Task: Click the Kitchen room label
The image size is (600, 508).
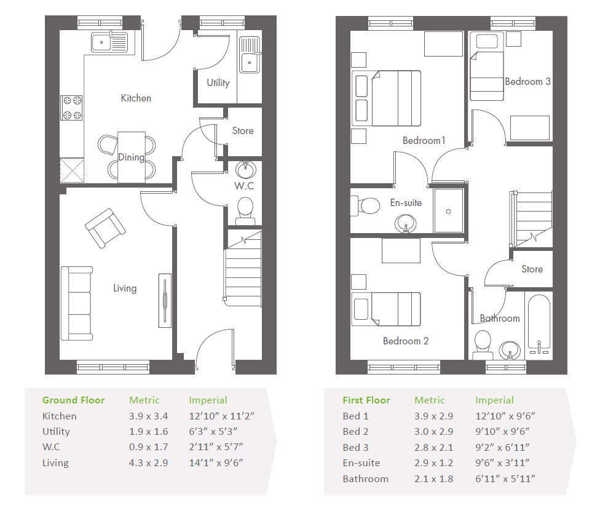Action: tap(136, 98)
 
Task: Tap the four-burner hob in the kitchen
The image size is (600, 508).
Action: tap(72, 108)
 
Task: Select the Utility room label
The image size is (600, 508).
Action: tap(218, 82)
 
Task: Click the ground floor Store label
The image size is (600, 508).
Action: tap(243, 130)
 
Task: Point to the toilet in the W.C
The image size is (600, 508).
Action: tap(245, 211)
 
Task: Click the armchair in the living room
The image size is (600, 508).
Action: tap(105, 228)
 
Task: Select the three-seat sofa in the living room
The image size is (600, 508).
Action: tap(77, 304)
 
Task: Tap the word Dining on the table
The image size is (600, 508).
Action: tap(131, 157)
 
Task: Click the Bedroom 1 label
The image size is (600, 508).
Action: tap(424, 140)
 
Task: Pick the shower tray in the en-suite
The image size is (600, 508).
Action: tap(449, 210)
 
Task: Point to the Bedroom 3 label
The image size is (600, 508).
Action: tap(527, 82)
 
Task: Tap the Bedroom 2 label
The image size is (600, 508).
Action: tap(406, 341)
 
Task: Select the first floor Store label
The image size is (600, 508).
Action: tap(532, 269)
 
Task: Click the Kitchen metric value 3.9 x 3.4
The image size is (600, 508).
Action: tap(149, 416)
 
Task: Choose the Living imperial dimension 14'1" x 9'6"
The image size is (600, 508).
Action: tap(216, 463)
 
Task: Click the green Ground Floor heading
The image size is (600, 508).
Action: tap(74, 400)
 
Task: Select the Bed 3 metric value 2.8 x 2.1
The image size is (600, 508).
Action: tap(433, 447)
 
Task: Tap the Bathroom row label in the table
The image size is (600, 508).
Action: tap(365, 479)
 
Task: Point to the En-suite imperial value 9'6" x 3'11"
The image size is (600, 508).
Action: tap(502, 463)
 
